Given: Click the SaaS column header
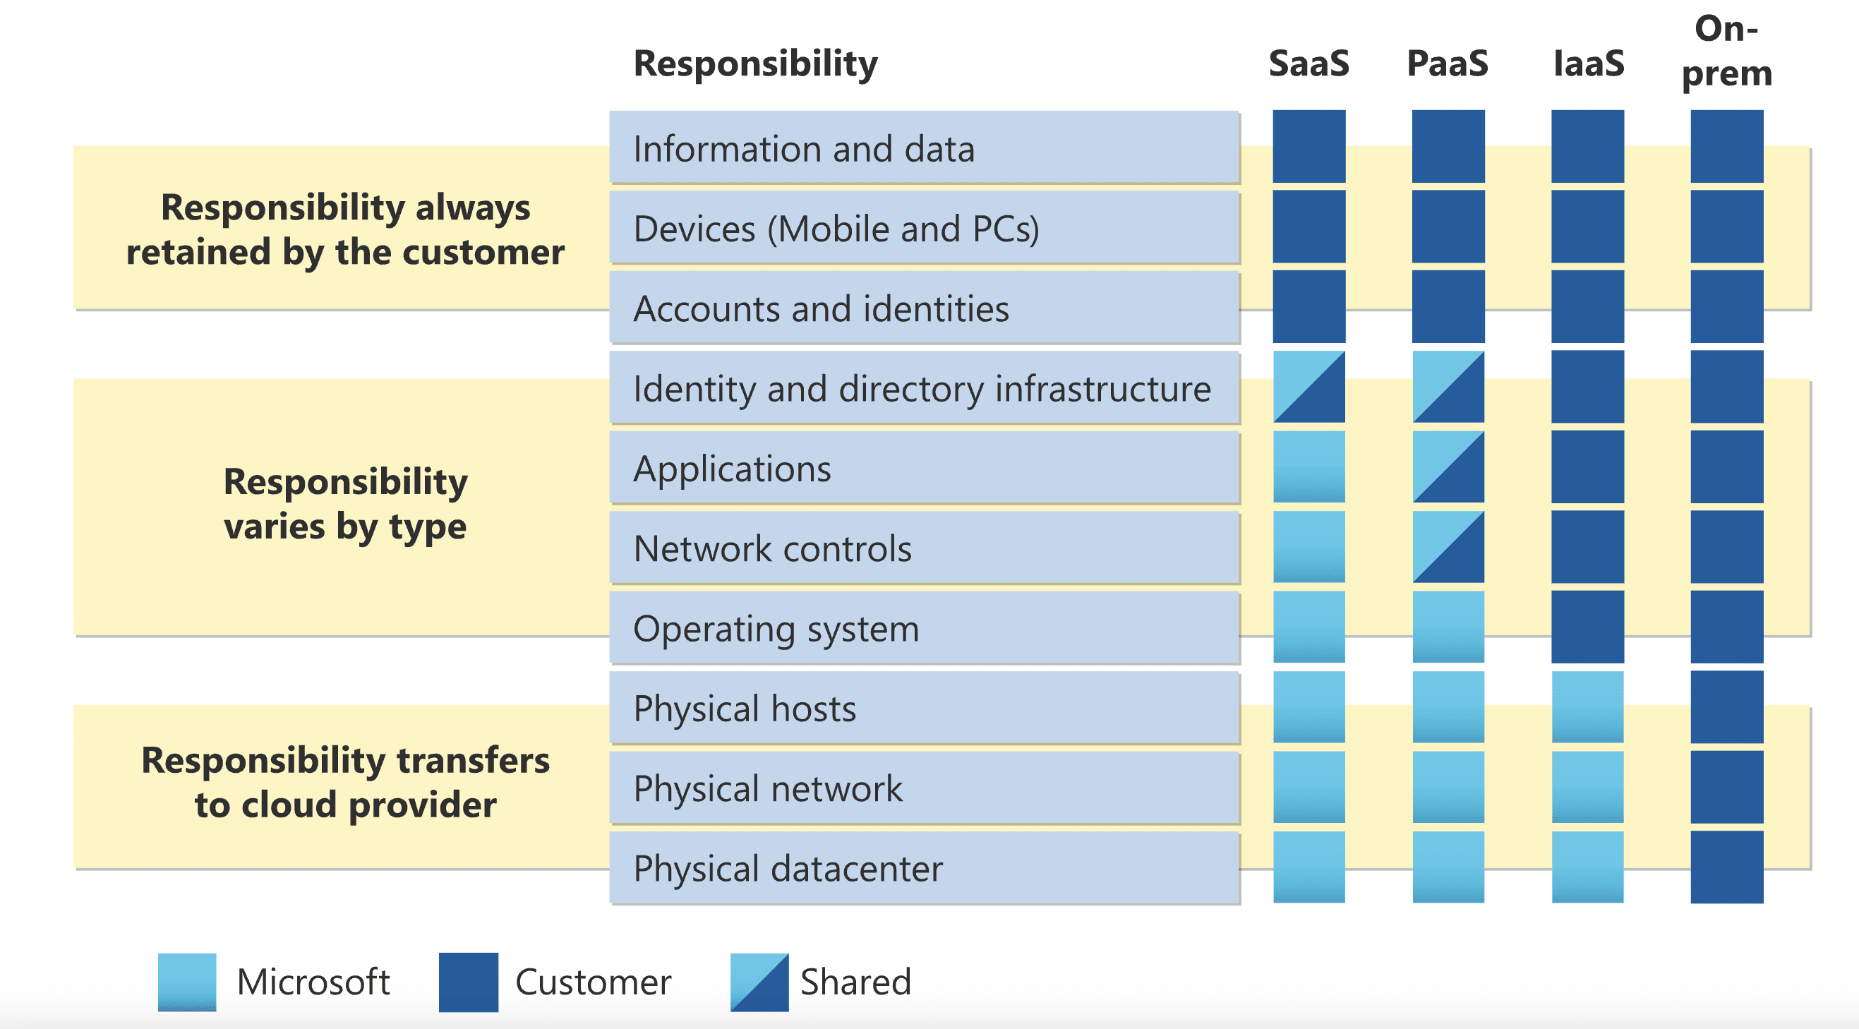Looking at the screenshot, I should pos(1308,64).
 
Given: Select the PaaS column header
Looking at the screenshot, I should pos(1448,64).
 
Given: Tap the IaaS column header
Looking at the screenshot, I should pos(1589,64).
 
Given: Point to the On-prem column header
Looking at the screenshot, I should pos(1726,52).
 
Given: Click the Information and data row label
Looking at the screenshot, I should pos(803,149).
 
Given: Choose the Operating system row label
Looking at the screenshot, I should pos(776,629).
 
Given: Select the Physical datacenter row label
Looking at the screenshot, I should pos(788,868).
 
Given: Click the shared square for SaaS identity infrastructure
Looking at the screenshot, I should pos(1309,387).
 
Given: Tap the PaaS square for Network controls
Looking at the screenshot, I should pos(1448,547).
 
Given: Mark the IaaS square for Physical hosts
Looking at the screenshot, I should pos(1588,707).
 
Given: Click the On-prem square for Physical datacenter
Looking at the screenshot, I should pos(1727,867).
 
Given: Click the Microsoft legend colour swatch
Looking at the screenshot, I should pos(187,982).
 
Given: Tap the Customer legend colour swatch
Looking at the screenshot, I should pos(469,982).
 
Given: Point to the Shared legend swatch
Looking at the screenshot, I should pos(759,982).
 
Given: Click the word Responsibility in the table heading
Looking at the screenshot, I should pos(755,64).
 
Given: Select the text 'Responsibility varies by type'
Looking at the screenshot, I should pos(345,504).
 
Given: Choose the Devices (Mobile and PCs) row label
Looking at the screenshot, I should pos(836,229).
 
